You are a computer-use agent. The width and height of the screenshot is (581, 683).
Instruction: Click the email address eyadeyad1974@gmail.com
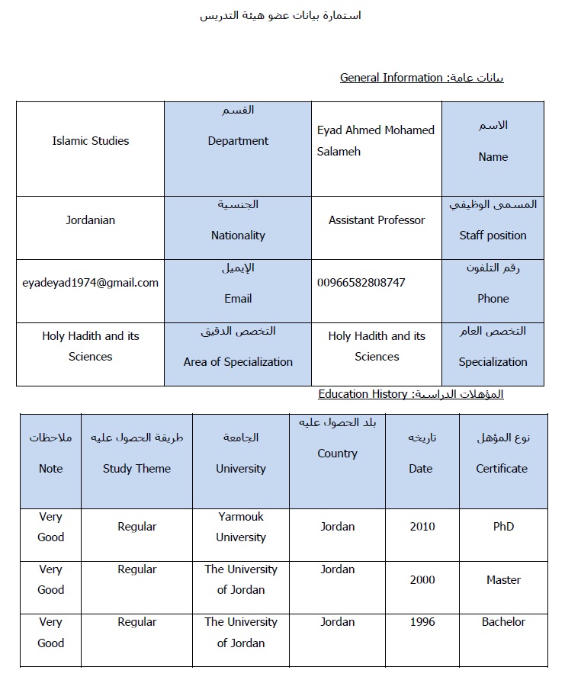(x=91, y=283)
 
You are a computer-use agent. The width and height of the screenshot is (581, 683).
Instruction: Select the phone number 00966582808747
(x=361, y=283)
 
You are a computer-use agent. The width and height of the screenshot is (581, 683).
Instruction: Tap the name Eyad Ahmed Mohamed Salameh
(x=375, y=141)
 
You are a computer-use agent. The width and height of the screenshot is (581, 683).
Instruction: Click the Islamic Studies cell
(x=91, y=141)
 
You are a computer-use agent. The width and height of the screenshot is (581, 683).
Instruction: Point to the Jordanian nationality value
(x=91, y=220)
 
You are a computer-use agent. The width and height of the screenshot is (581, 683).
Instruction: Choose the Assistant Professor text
(x=377, y=220)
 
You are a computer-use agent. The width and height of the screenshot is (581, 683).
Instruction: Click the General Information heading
(x=391, y=78)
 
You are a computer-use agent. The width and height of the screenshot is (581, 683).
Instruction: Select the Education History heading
(x=363, y=394)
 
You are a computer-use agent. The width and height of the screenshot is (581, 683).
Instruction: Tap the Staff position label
(x=493, y=236)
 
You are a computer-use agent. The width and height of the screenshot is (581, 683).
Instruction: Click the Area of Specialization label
(x=238, y=362)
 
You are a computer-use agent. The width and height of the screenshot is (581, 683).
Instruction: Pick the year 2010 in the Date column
(x=422, y=527)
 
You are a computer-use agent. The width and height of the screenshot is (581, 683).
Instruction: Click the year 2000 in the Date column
(x=422, y=580)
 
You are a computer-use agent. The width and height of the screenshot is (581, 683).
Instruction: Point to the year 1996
(x=422, y=622)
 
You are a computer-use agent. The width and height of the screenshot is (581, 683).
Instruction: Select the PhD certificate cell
(x=503, y=527)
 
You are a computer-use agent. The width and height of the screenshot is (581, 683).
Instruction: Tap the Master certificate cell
(x=503, y=580)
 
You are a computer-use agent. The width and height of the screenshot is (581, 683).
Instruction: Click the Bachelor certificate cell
(x=503, y=622)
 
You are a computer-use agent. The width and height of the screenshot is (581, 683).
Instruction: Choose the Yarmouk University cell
(x=241, y=527)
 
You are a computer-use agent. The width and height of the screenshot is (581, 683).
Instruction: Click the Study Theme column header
(x=136, y=469)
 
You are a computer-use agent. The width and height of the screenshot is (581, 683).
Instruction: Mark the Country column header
(x=337, y=454)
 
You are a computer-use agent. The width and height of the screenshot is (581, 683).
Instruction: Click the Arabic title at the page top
(x=281, y=16)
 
